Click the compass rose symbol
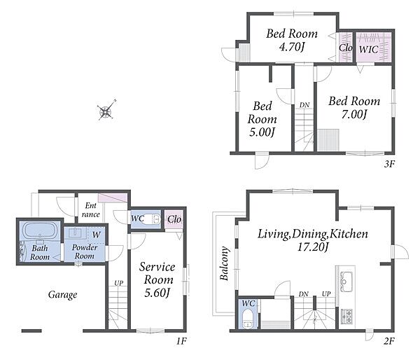(106, 110)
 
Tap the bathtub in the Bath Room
(40, 230)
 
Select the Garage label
(63, 295)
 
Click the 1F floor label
(181, 341)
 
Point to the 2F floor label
(389, 341)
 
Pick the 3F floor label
(390, 164)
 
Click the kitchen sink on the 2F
(346, 282)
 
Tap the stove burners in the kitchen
(346, 317)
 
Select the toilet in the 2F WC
(248, 319)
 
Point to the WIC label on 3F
(369, 49)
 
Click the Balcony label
(225, 263)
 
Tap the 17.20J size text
(313, 247)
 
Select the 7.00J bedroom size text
(353, 114)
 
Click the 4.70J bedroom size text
(292, 47)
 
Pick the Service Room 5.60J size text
(157, 293)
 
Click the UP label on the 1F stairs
(119, 283)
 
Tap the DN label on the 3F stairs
(304, 105)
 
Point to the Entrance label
(91, 210)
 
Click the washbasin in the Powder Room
(77, 233)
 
